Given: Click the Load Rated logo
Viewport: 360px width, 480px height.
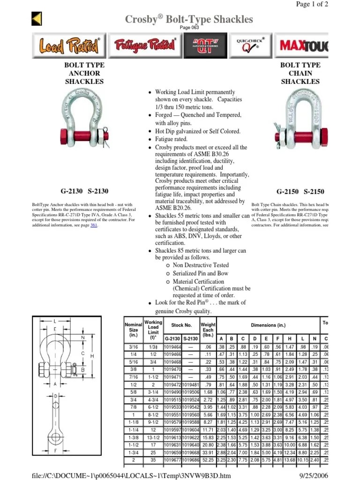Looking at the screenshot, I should [69, 45].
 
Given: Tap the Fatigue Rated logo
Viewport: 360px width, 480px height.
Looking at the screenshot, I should [145, 45].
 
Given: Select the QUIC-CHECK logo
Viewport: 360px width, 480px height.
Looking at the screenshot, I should [250, 45].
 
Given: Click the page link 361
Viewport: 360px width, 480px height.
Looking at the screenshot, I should [94, 225].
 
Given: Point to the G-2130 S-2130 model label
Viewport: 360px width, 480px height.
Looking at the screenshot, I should [84, 191].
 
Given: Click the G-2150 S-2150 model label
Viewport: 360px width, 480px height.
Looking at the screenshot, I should [300, 192].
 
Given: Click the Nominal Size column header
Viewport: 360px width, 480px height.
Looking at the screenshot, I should [134, 330].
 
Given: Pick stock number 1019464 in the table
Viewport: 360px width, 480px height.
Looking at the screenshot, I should [172, 346].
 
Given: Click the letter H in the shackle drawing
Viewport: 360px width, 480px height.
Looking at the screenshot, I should [92, 356].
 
